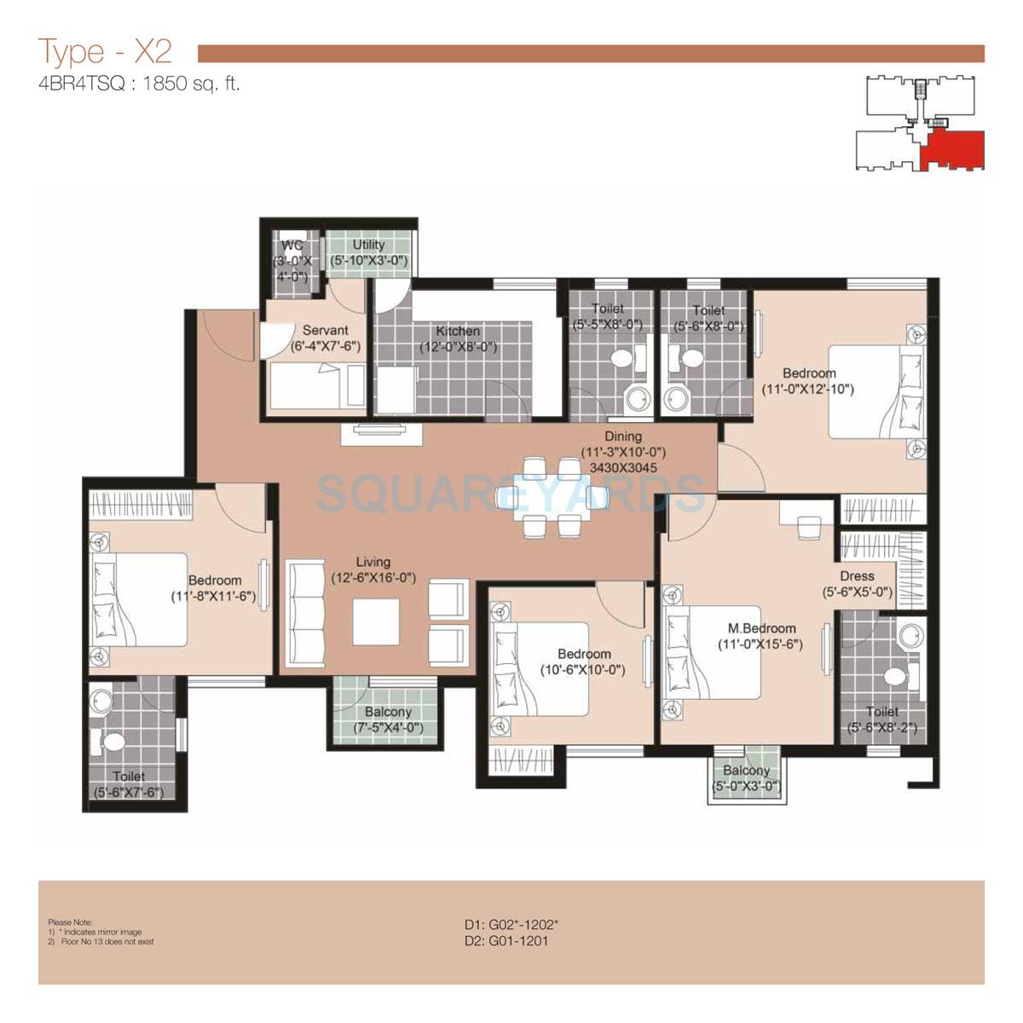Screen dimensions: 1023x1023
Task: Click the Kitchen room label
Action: click(x=458, y=331)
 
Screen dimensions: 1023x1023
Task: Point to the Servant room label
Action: click(x=325, y=331)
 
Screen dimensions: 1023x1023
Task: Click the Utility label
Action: click(x=369, y=245)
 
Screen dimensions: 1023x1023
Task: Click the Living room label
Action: click(x=373, y=562)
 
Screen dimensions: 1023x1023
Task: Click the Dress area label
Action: click(x=857, y=576)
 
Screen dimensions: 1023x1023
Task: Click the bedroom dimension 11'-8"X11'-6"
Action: click(x=214, y=597)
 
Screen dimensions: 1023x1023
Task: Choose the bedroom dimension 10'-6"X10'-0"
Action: click(x=583, y=670)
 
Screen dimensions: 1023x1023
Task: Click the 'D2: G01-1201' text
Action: click(x=506, y=941)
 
